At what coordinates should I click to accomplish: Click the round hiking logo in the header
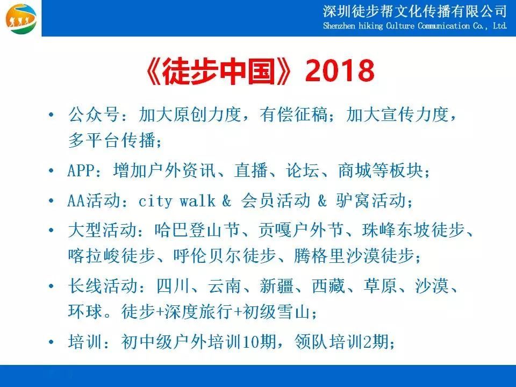[x=21, y=18]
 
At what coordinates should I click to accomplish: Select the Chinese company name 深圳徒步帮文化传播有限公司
[x=414, y=11]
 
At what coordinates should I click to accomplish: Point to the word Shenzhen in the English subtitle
[x=339, y=26]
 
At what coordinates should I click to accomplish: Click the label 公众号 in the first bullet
[x=94, y=114]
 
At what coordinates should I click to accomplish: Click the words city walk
[x=177, y=200]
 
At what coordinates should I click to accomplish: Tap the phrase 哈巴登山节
[x=197, y=230]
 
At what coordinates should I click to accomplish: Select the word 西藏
[x=328, y=285]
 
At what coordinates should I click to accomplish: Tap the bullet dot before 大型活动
[x=51, y=230]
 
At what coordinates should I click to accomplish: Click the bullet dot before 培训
[x=51, y=342]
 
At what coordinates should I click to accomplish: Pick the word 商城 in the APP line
[x=355, y=170]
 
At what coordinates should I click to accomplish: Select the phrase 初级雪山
[x=276, y=311]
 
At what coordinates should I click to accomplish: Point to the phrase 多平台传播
[x=112, y=140]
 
